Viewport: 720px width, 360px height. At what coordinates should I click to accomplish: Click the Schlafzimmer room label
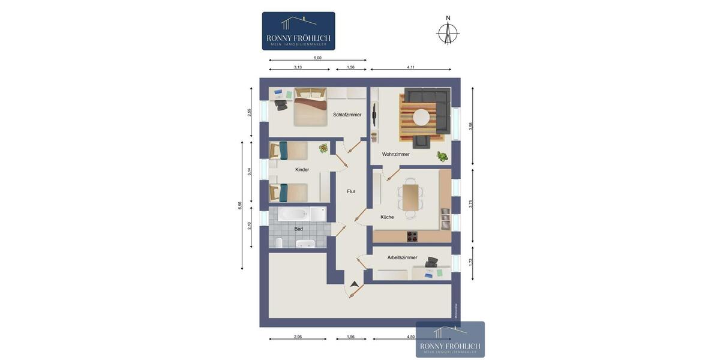[x=347, y=115]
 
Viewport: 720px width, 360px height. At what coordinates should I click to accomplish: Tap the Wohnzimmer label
[x=395, y=154]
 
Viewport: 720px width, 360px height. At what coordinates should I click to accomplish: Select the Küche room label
[x=387, y=217]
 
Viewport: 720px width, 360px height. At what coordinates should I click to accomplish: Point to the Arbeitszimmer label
[x=402, y=257]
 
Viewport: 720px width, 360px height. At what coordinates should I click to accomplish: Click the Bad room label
[x=298, y=229]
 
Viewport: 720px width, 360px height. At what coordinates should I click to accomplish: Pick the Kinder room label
[x=302, y=170]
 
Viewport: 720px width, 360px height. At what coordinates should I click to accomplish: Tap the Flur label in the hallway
[x=351, y=191]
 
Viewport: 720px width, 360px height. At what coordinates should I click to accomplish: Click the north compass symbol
[x=447, y=33]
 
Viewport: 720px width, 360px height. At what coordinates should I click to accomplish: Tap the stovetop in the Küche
[x=412, y=236]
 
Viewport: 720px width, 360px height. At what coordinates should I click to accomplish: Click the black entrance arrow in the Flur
[x=354, y=283]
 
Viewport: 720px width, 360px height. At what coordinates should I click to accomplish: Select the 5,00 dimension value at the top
[x=317, y=58]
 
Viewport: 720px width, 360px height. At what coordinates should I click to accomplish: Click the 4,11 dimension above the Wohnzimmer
[x=411, y=67]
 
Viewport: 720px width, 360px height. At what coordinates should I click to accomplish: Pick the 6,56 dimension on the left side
[x=240, y=205]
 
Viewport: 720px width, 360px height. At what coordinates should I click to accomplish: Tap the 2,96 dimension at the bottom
[x=298, y=337]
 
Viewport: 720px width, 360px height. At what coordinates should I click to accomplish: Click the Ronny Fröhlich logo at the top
[x=298, y=31]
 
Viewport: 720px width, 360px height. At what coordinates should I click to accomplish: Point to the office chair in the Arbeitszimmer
[x=431, y=262]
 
